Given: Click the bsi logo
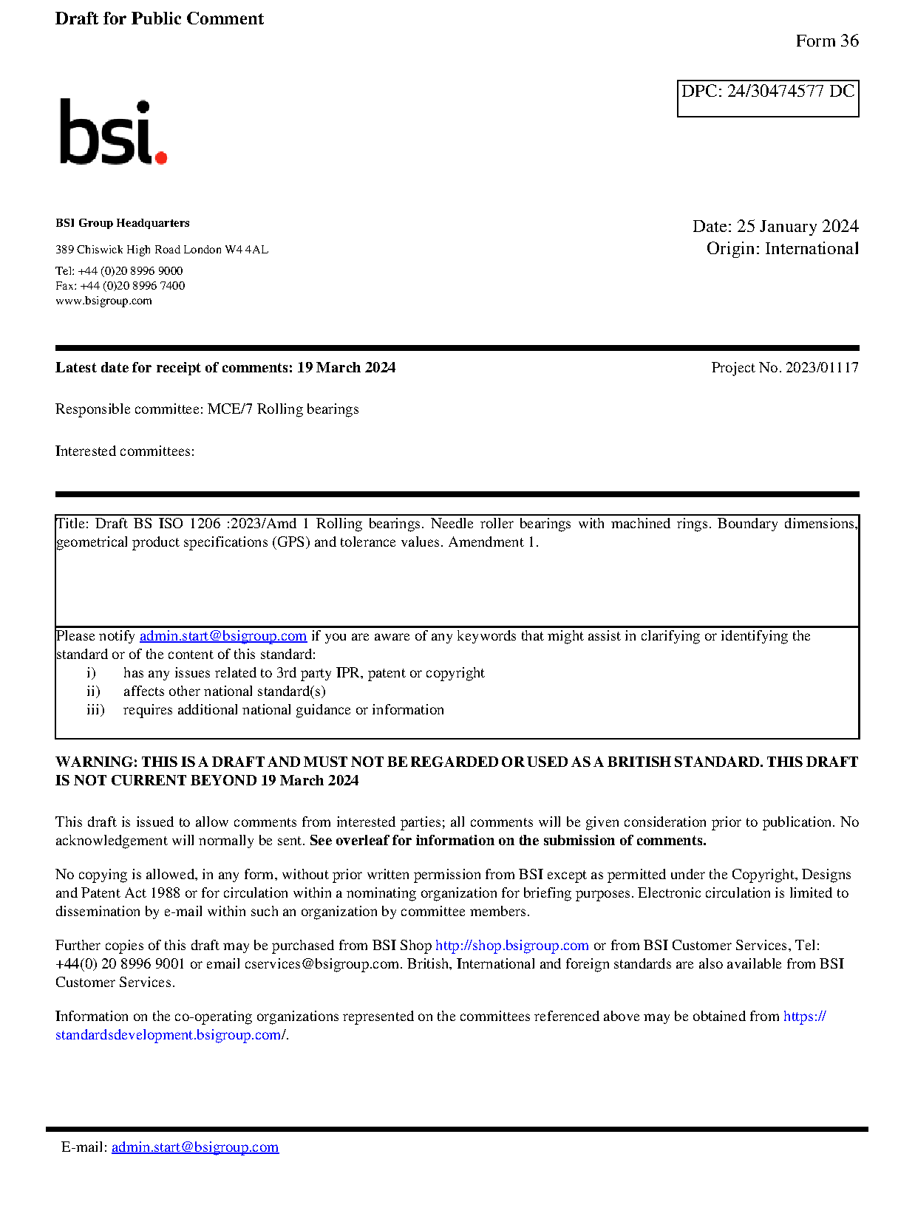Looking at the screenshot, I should tap(112, 132).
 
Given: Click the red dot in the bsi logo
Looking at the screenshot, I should tap(161, 157).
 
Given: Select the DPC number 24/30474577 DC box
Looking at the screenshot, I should tap(767, 98).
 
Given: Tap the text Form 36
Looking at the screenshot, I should tap(826, 41).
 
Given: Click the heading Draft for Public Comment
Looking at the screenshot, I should tap(159, 18).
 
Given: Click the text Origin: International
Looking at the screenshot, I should tap(782, 248).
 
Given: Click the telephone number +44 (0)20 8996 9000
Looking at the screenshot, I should tap(130, 271).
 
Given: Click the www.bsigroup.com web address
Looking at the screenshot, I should tap(103, 301).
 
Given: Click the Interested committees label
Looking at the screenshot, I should tap(125, 451).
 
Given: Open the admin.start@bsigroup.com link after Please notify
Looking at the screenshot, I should tap(222, 636).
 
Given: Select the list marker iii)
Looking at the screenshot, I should tap(95, 710).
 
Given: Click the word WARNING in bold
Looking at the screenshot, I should tap(95, 762).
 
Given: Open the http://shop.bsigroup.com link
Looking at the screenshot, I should tap(511, 946).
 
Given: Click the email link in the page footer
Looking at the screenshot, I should tap(195, 1147).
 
